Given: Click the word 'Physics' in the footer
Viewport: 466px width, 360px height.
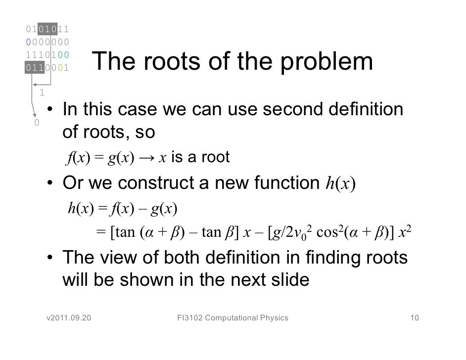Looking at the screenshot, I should point(274,317).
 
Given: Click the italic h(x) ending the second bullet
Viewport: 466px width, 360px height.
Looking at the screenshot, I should point(341,184).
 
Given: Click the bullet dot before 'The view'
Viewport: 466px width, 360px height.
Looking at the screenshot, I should point(50,258).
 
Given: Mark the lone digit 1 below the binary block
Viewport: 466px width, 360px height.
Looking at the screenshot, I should point(42,92).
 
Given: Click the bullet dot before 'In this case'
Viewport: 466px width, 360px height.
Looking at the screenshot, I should point(50,110).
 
